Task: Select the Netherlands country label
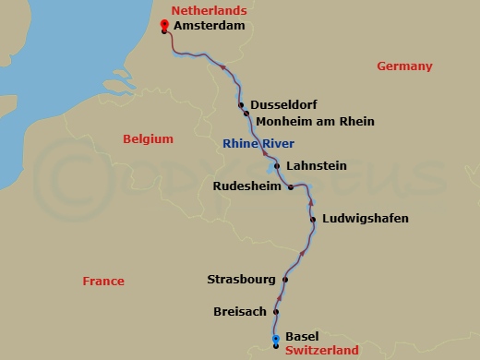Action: [x=209, y=10]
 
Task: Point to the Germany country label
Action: [x=404, y=66]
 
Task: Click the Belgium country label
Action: [x=148, y=139]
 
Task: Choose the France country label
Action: [x=102, y=282]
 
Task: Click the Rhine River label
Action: [x=258, y=143]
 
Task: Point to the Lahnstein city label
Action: [x=317, y=166]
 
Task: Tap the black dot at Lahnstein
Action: [x=277, y=166]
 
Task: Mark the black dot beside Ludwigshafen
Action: [x=314, y=219]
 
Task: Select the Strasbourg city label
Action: [x=242, y=279]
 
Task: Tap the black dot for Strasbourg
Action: [x=285, y=280]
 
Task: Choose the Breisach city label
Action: [x=240, y=312]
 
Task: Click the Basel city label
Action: [x=302, y=336]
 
